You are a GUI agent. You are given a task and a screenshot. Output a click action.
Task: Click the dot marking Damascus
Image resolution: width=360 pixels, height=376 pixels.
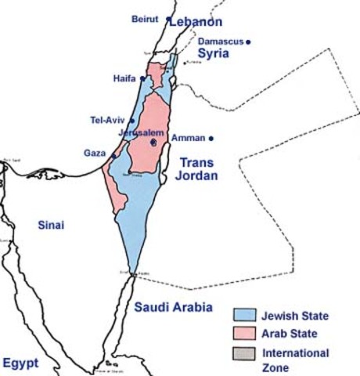tap(249, 42)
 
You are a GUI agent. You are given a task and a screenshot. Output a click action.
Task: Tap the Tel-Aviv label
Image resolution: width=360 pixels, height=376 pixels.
tap(108, 120)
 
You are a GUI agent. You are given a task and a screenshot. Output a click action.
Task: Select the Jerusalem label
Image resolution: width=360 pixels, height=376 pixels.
tap(142, 133)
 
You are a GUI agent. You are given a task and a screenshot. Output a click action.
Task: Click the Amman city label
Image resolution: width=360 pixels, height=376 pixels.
tap(188, 138)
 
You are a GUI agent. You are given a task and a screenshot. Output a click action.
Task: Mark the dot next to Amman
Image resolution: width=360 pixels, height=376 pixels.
tap(211, 139)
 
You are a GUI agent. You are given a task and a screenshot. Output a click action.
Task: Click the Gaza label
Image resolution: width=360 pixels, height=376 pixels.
tap(95, 153)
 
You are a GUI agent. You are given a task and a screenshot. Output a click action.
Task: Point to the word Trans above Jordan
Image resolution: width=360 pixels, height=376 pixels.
tap(198, 162)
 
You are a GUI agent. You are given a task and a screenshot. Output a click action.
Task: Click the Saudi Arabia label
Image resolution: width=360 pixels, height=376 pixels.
tap(172, 307)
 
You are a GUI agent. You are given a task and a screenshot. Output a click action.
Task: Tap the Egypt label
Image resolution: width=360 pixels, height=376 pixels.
tap(20, 363)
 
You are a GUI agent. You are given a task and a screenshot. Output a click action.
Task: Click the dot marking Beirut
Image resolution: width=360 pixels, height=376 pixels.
tap(169, 17)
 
